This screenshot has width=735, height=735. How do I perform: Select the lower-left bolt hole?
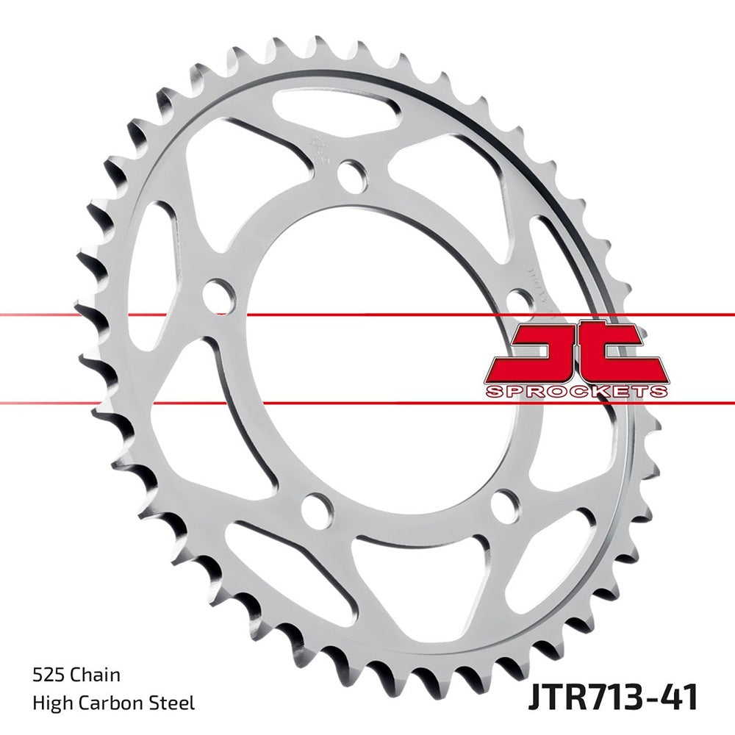coord(316,508)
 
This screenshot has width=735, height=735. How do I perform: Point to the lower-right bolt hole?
coord(505,504)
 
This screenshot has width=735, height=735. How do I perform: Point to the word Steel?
coord(175,703)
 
